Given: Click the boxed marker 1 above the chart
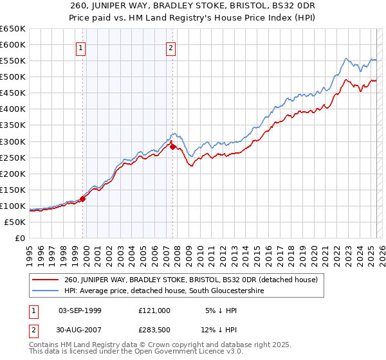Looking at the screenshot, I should (x=81, y=47).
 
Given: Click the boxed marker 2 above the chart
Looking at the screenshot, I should (x=171, y=47).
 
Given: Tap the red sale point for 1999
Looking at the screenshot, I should (x=83, y=199).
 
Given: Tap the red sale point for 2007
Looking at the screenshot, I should (x=172, y=147).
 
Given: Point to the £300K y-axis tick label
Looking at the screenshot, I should (x=13, y=141).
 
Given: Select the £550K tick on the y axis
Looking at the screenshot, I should (x=13, y=61).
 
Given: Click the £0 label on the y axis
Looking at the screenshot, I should (x=19, y=239).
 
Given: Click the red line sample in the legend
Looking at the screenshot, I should (x=46, y=280).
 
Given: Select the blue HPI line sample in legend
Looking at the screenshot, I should (x=46, y=291).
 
